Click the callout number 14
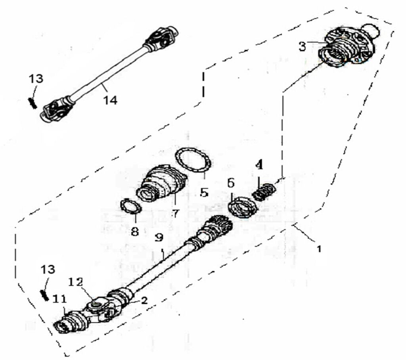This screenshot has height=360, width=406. (110, 100)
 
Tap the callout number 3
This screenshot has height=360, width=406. (302, 47)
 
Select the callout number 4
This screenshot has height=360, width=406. (259, 165)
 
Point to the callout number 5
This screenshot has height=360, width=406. (204, 192)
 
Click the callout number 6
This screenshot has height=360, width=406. (231, 183)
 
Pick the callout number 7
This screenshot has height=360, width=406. (175, 213)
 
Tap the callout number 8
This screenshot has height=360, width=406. (135, 231)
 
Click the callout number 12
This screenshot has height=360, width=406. (75, 282)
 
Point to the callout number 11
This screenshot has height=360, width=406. (60, 299)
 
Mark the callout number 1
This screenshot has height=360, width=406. (319, 249)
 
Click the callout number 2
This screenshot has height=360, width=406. (144, 300)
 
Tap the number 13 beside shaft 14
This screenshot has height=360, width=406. (36, 79)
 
